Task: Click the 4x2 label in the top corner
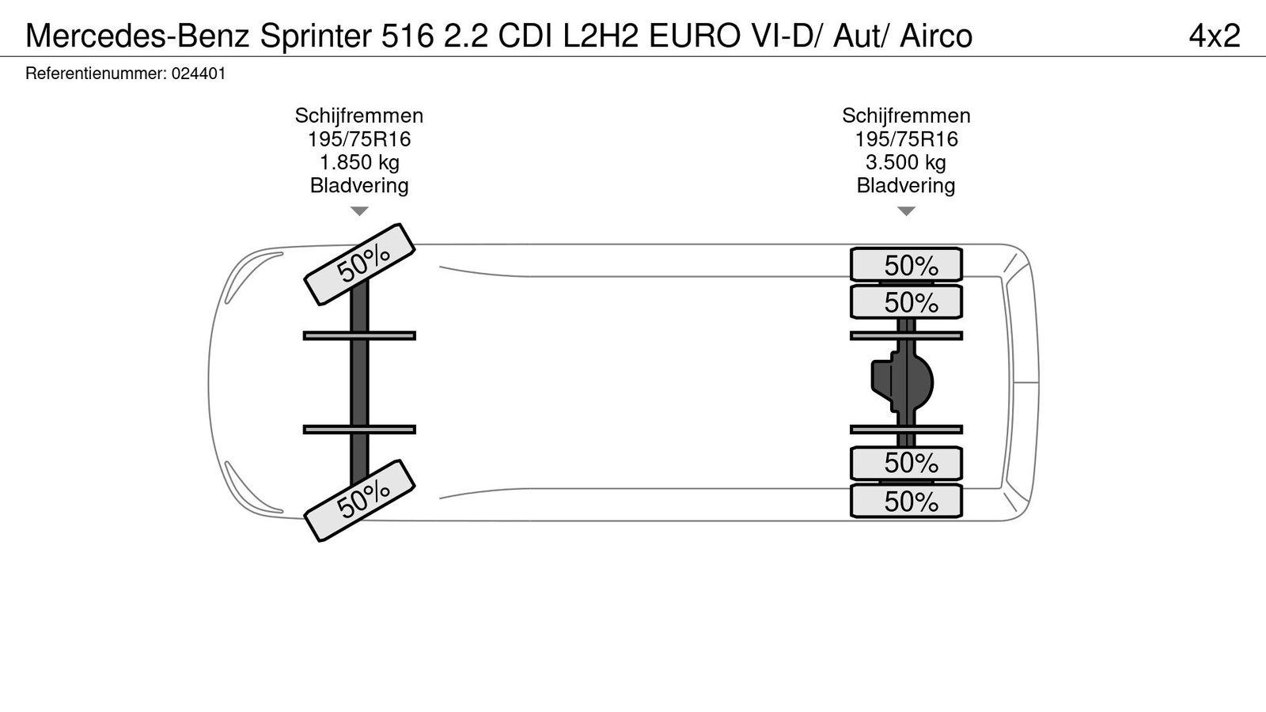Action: click(x=1214, y=36)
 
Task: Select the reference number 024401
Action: click(x=199, y=74)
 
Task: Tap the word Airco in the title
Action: click(x=936, y=36)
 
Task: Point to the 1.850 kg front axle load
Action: click(x=359, y=163)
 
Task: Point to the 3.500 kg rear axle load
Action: click(x=906, y=163)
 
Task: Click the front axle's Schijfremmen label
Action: click(x=359, y=116)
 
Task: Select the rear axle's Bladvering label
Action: click(x=906, y=186)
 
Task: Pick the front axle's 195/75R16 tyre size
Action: click(x=359, y=139)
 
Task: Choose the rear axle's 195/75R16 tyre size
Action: click(x=906, y=139)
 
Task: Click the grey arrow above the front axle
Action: click(x=359, y=211)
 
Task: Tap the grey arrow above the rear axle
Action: click(x=906, y=211)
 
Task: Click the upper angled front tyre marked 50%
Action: click(x=361, y=263)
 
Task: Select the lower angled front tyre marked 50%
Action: click(x=361, y=500)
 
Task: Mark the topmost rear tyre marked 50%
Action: click(x=907, y=265)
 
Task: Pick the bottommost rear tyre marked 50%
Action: click(x=907, y=502)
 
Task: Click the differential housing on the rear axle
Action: click(x=904, y=383)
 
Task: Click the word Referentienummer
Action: click(x=95, y=74)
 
